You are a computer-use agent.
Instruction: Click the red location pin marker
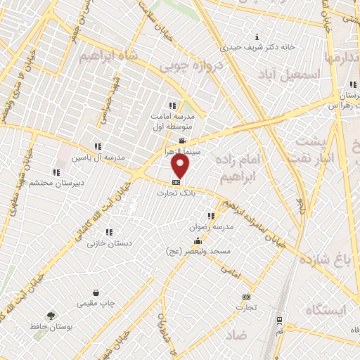(181, 165)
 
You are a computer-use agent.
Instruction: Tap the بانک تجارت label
(176, 193)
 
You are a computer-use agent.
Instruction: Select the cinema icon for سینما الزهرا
(182, 141)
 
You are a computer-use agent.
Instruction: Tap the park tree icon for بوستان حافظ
(50, 316)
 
